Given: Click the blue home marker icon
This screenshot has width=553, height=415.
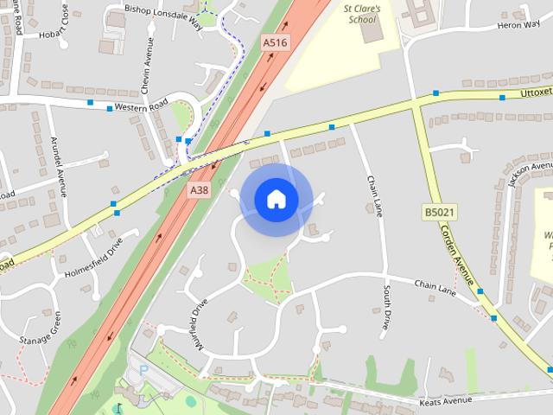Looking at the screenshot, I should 276,200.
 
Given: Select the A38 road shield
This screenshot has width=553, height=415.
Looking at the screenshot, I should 198,188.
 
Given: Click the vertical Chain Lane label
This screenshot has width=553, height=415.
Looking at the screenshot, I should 374,196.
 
